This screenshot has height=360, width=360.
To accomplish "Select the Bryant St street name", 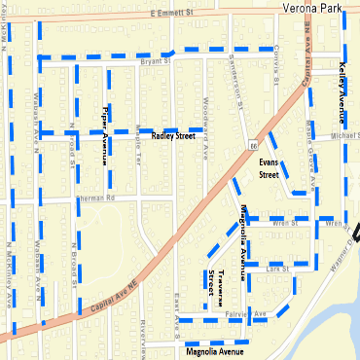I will coord(155,60).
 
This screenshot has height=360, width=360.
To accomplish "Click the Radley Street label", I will coord(173,136).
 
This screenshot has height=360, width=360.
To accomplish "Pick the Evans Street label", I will coord(270,168).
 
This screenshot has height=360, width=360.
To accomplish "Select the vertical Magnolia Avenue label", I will coord(242,243).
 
